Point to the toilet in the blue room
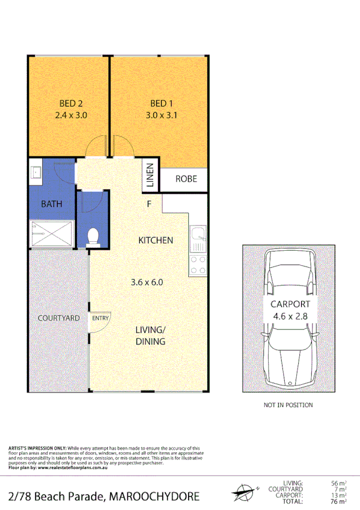[93, 236]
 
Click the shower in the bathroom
[51, 235]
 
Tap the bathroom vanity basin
[35, 173]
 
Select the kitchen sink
[197, 239]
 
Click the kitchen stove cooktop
[197, 265]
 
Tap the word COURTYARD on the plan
[59, 318]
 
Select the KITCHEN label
[156, 240]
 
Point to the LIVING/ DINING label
[150, 336]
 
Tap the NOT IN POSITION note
[288, 405]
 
